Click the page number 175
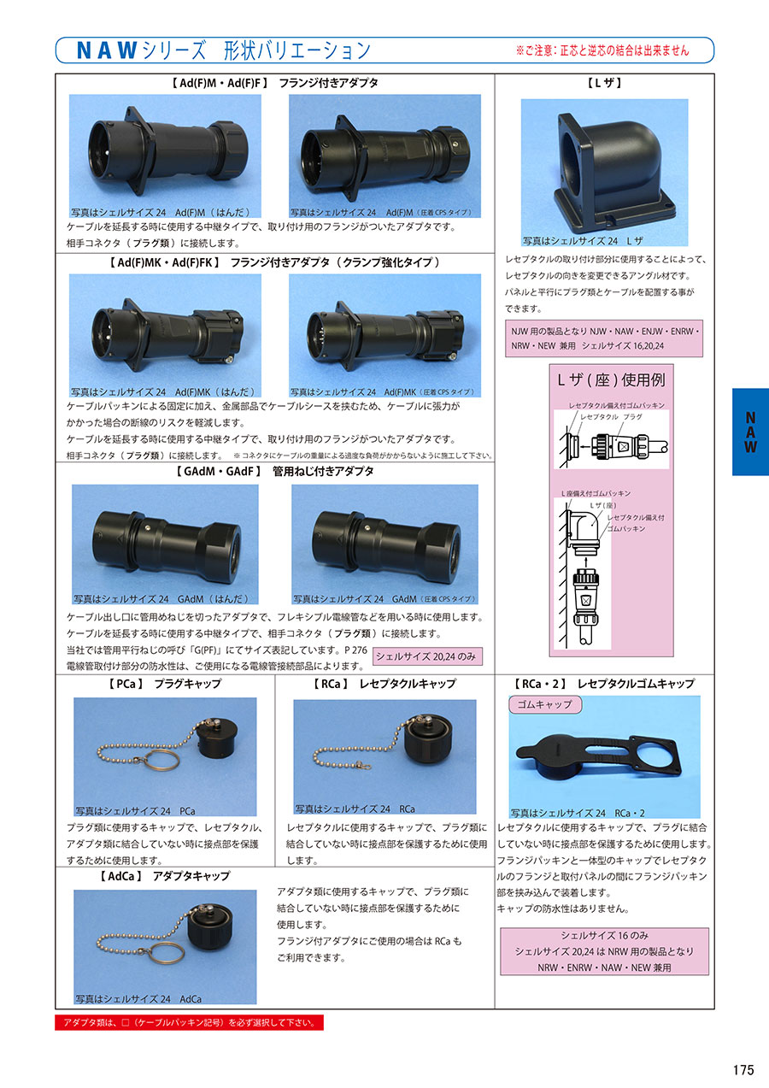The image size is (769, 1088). pos(743,1070)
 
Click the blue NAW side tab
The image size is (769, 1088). pos(750,432)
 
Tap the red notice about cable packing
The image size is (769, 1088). pos(189,1022)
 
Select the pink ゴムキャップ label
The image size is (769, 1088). pos(545,704)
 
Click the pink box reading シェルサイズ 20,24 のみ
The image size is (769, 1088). pos(427,656)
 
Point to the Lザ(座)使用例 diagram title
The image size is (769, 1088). pos(611,379)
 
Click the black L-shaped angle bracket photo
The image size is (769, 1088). pos(614,170)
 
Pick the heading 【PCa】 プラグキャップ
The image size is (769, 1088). pos(164,684)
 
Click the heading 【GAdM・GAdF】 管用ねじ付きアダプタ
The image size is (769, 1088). pos(274,471)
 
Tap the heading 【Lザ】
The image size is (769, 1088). pos(604,83)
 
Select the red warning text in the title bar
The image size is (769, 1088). pos(602,50)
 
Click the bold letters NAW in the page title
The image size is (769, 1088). pos(107,50)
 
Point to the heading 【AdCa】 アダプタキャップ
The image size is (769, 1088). pos(164,876)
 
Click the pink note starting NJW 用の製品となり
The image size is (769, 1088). pos(604,338)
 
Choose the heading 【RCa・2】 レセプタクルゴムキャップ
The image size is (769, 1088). pos(604,684)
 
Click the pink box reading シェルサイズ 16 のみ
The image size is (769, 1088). pos(604,951)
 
